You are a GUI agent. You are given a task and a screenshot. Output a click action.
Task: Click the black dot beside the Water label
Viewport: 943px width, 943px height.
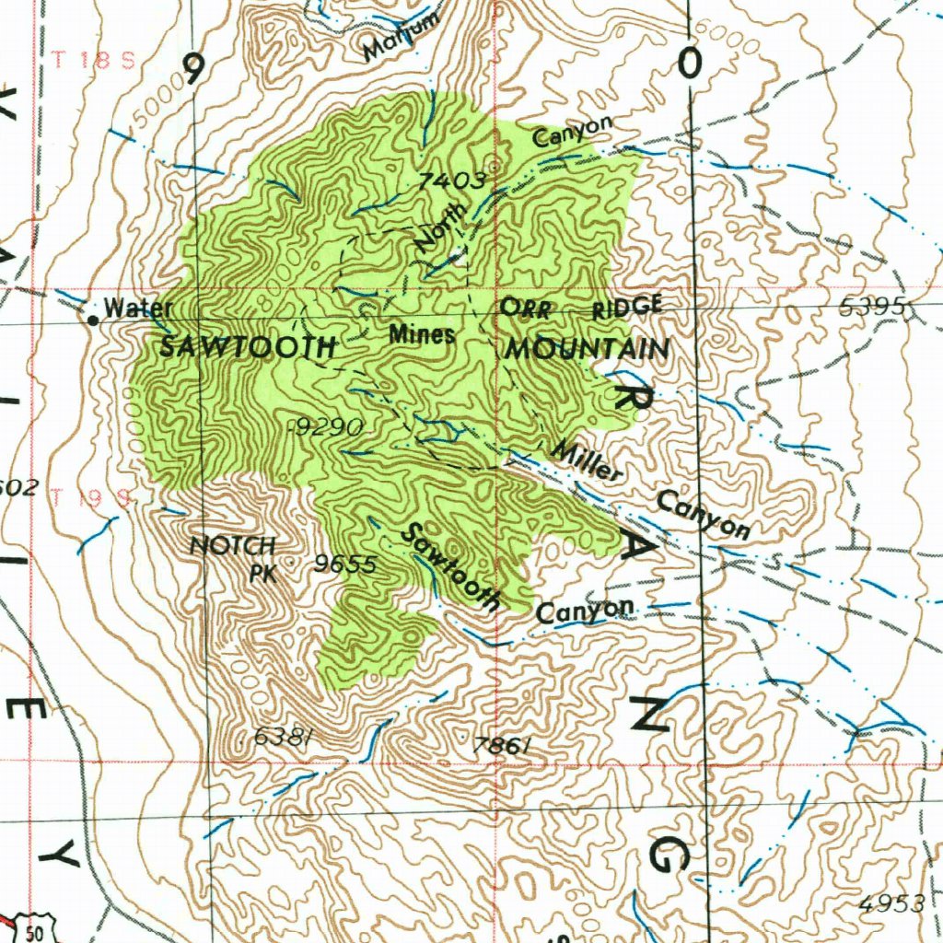pos(93,320)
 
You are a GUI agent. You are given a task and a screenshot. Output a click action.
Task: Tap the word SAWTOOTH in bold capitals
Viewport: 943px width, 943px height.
pos(248,348)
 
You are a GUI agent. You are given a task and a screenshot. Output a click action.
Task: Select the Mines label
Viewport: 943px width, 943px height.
pos(421,334)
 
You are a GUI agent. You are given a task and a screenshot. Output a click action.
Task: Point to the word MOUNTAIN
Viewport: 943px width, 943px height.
pos(587,350)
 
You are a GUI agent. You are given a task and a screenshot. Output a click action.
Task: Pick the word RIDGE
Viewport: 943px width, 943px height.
pos(627,307)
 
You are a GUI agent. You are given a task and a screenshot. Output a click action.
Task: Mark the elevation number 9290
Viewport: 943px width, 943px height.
pos(326,426)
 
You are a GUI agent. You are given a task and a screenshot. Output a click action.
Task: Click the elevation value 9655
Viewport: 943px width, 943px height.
pos(344,565)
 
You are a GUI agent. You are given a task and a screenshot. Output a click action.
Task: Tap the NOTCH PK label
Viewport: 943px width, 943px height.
pos(235,557)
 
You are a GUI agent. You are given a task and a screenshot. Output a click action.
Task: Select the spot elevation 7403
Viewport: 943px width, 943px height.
pos(451,181)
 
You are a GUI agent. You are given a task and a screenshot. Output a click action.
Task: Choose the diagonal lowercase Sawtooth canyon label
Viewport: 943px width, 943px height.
pos(452,567)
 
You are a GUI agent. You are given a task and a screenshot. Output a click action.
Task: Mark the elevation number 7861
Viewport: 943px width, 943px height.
pos(501,746)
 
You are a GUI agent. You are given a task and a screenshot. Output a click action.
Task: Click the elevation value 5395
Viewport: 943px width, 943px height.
pos(875,309)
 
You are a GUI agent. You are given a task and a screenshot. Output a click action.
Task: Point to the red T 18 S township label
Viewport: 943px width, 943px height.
pos(93,61)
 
